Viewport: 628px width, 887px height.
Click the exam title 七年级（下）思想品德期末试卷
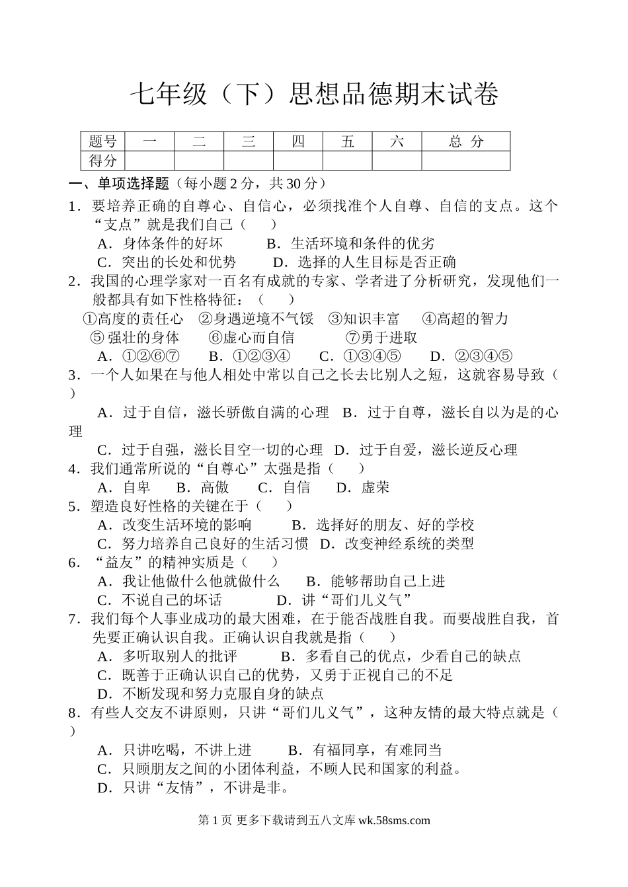pyautogui.click(x=313, y=95)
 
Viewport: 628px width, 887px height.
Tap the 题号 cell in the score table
pyautogui.click(x=102, y=141)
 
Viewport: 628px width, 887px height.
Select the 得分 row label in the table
pyautogui.click(x=102, y=161)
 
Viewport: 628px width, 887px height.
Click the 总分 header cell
pyautogui.click(x=465, y=141)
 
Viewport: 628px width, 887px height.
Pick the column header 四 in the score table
pyautogui.click(x=298, y=141)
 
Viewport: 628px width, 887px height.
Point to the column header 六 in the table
pyautogui.click(x=397, y=141)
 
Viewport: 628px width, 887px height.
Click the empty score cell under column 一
pyautogui.click(x=149, y=161)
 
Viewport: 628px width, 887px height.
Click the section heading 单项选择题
pyautogui.click(x=133, y=184)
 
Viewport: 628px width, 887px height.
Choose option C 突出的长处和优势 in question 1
pyautogui.click(x=167, y=262)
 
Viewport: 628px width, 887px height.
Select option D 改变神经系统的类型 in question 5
pyautogui.click(x=397, y=543)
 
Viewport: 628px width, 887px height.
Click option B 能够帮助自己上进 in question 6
pyautogui.click(x=375, y=581)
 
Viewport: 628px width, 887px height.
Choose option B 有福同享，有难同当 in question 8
pyautogui.click(x=365, y=750)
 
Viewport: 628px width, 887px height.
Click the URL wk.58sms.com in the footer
pyautogui.click(x=393, y=820)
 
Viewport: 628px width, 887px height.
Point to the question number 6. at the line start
pyautogui.click(x=74, y=562)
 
